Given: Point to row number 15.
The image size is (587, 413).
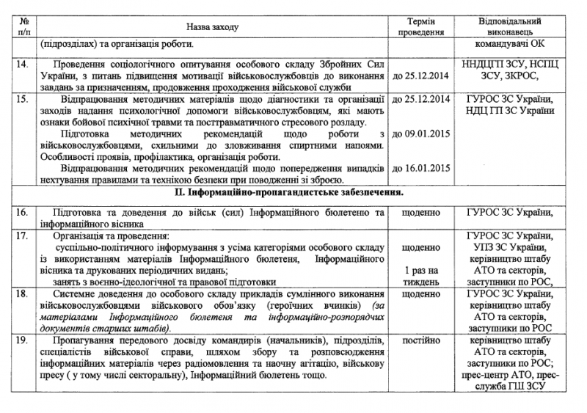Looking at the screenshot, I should pos(23,98).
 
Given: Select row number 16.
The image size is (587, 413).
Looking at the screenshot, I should pos(23,213).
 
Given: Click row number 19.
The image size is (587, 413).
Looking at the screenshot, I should pos(23,341).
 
